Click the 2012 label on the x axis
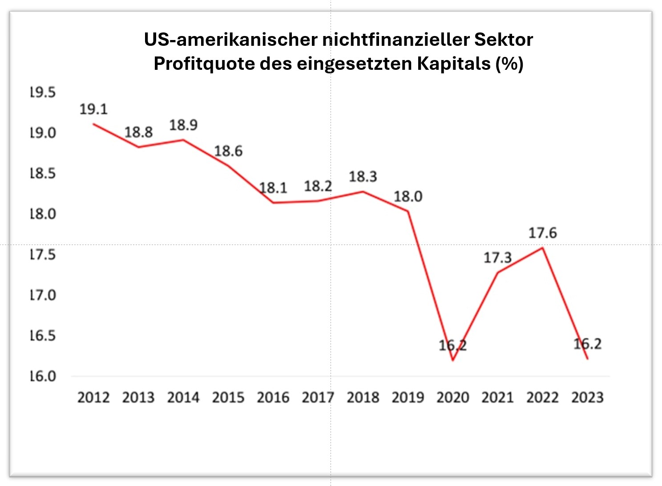tap(93, 397)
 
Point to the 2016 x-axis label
tap(273, 397)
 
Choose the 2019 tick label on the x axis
tap(408, 397)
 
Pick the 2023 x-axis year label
tap(587, 397)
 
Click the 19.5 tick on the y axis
tap(43, 92)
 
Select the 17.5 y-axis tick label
tap(43, 255)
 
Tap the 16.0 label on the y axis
tap(43, 377)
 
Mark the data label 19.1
tap(93, 109)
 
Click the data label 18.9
tap(183, 125)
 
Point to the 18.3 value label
tap(363, 177)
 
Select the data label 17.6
tap(542, 233)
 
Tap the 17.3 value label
tap(497, 258)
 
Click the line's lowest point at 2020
tap(453, 360)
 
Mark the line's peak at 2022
tap(542, 248)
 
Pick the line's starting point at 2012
tap(93, 124)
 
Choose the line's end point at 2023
tap(588, 359)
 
